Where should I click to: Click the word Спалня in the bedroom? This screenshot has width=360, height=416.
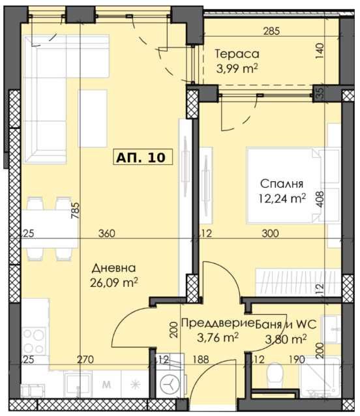tap(282, 183)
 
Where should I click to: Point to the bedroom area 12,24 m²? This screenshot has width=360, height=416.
tap(282, 198)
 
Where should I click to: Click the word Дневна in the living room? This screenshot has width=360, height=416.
tap(113, 268)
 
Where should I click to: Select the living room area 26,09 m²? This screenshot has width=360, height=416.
tap(113, 282)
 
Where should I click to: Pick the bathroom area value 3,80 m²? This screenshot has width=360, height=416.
tap(284, 338)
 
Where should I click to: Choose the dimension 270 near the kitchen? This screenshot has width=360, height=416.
tap(85, 359)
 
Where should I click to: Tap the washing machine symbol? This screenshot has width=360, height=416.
tap(170, 385)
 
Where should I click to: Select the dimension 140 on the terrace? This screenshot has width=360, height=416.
tap(320, 51)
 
